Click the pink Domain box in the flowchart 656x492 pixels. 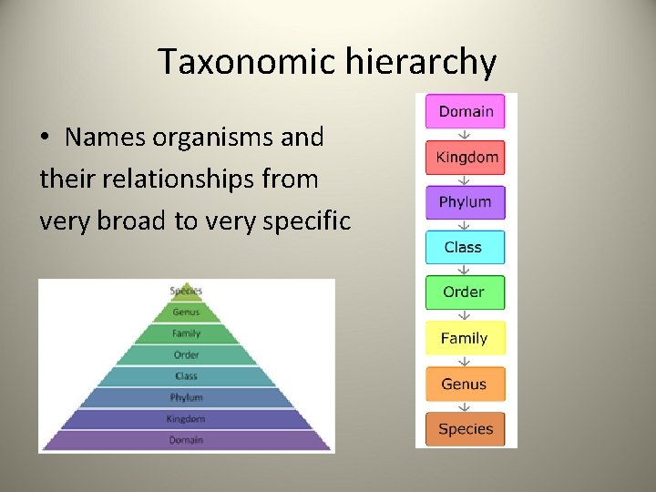click(466, 112)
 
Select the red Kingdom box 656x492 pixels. click(466, 157)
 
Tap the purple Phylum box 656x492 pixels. click(466, 202)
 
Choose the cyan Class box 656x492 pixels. click(465, 247)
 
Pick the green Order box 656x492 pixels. click(465, 292)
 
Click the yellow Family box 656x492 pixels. click(465, 338)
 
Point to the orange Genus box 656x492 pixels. click(465, 384)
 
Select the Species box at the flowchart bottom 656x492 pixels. click(465, 428)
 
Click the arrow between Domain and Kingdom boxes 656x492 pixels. click(465, 135)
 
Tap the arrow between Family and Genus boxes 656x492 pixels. click(465, 361)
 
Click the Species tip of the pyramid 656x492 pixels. click(186, 292)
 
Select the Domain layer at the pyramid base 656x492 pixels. click(186, 440)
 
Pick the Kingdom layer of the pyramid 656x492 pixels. click(186, 419)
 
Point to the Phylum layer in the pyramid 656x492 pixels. click(186, 397)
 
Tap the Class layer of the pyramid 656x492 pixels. click(186, 376)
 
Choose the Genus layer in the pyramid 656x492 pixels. click(186, 313)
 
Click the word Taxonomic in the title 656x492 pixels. click(246, 63)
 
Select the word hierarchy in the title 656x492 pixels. click(421, 63)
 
